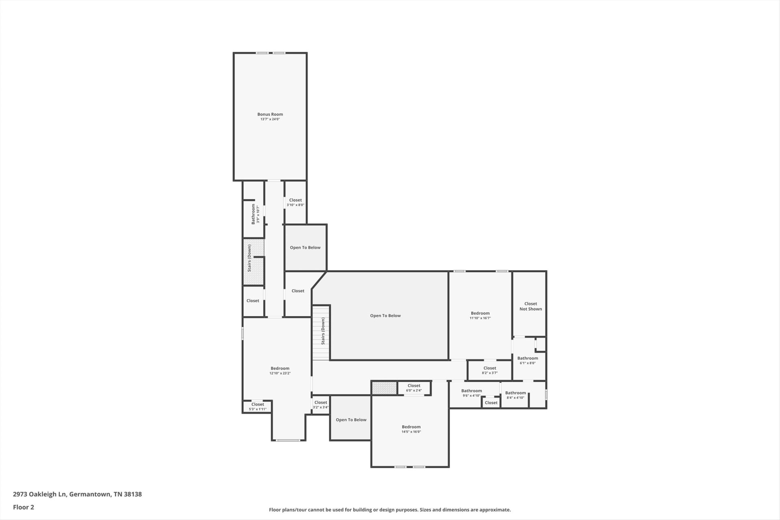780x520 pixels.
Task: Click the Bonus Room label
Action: pos(270,115)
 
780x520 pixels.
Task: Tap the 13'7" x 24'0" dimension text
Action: pos(270,119)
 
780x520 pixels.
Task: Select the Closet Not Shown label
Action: pos(531,306)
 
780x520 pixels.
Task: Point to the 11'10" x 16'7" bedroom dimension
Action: pos(480,318)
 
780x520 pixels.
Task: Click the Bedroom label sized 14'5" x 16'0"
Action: pos(411,427)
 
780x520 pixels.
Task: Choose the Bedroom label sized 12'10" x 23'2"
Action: pos(280,368)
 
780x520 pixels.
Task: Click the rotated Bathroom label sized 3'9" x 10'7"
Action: pos(253,214)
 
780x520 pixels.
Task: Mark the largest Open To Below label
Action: pos(385,316)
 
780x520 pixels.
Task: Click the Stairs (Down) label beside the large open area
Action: pos(323,331)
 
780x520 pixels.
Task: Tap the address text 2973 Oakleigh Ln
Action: pos(40,494)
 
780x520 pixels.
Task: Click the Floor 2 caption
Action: pos(24,507)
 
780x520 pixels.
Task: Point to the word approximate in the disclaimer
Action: pos(494,510)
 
